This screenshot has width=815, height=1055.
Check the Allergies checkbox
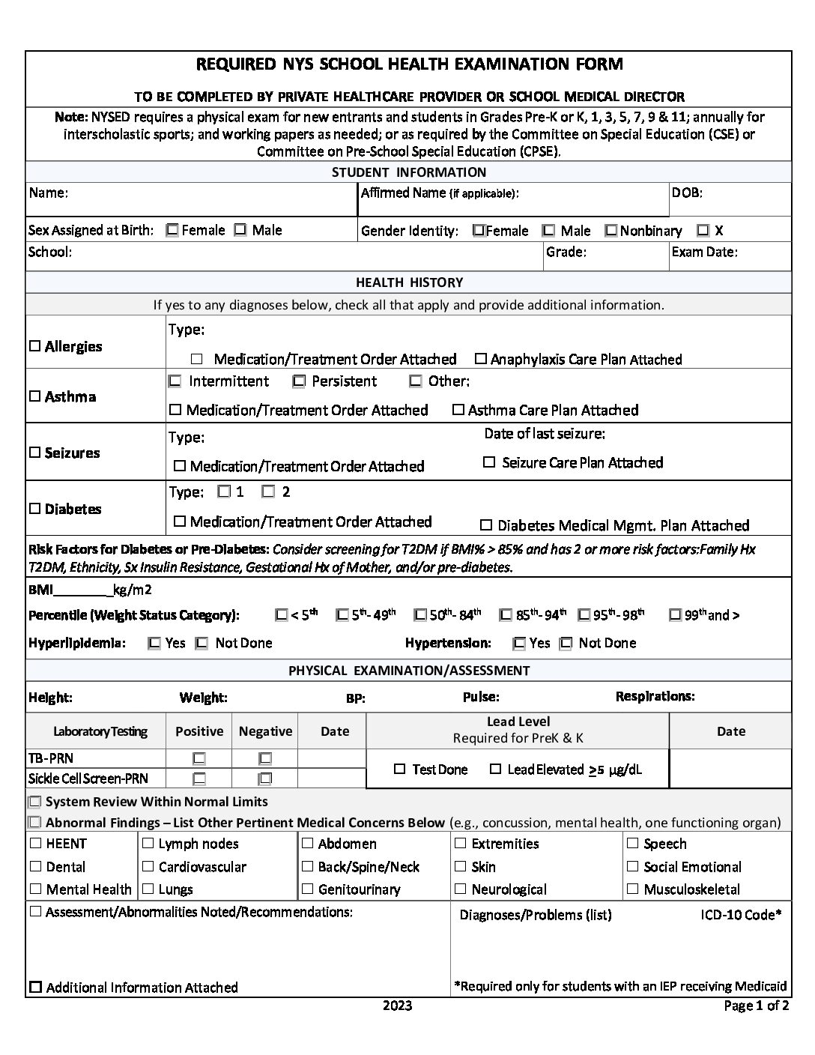[34, 346]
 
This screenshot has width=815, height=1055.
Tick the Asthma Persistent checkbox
[299, 381]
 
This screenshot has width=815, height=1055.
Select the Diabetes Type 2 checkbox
[268, 492]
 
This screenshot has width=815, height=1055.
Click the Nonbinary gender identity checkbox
[611, 231]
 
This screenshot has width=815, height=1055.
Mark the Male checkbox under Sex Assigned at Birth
[240, 230]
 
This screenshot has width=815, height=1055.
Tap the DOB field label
[687, 193]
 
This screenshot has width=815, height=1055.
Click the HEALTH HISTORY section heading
[409, 282]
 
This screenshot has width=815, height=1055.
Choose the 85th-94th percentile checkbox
[506, 615]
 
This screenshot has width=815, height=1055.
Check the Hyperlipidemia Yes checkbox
[154, 643]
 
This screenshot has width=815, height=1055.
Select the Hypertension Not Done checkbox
[566, 643]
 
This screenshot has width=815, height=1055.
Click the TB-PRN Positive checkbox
[199, 758]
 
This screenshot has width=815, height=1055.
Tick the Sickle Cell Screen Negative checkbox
[265, 779]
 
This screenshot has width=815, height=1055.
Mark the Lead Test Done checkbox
[400, 769]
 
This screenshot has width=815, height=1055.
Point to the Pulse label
[481, 697]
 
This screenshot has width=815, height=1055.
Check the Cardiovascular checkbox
[148, 867]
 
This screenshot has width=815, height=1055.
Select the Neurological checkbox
[461, 889]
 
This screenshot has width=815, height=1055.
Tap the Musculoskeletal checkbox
[633, 889]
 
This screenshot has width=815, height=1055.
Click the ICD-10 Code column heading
[736, 915]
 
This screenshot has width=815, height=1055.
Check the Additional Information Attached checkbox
[35, 987]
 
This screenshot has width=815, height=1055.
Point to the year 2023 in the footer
[397, 1006]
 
